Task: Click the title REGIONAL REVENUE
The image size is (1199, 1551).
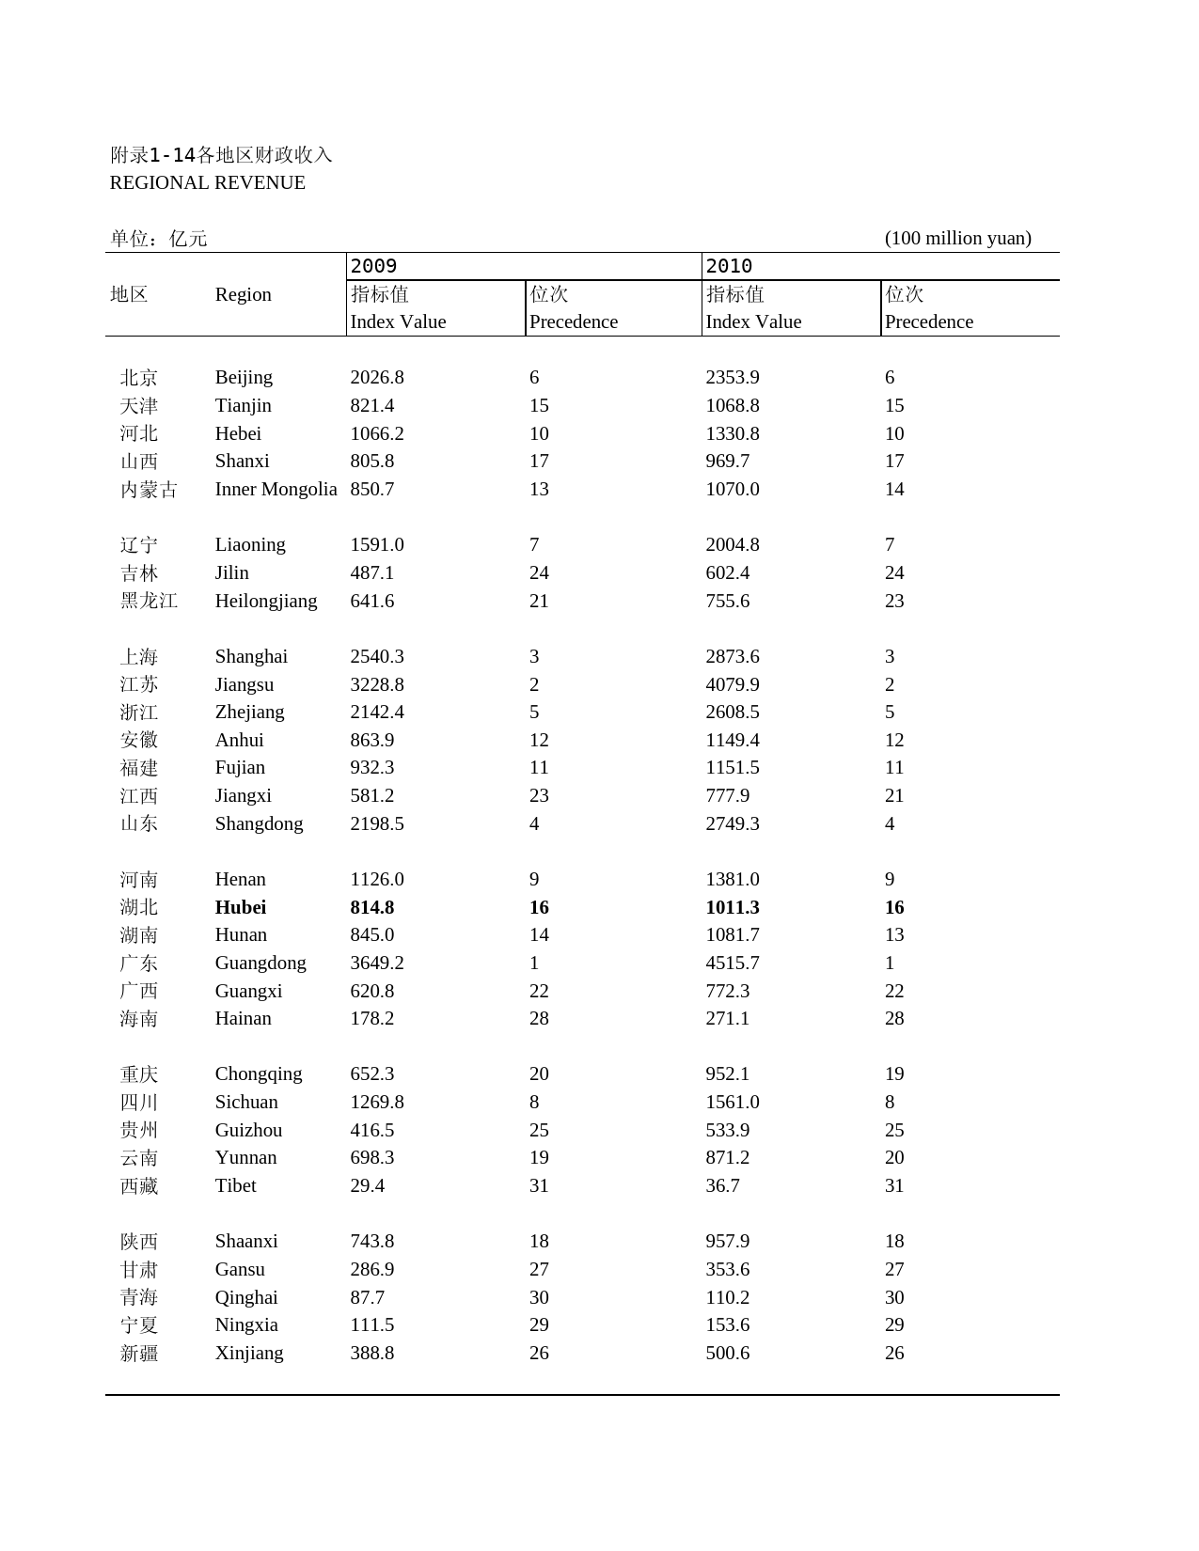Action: click(x=207, y=183)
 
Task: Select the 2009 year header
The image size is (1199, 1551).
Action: click(x=373, y=266)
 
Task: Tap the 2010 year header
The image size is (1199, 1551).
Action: click(x=729, y=266)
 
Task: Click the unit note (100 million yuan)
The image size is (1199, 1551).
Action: click(x=957, y=238)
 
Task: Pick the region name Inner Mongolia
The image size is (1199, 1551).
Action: click(x=276, y=489)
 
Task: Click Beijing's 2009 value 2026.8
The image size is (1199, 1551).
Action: click(x=377, y=377)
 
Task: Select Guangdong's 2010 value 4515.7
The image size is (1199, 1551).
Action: click(x=733, y=963)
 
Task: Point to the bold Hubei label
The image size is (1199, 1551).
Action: click(x=241, y=907)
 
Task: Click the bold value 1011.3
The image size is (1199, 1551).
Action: click(x=733, y=907)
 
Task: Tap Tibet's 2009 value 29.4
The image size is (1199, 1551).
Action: click(x=368, y=1185)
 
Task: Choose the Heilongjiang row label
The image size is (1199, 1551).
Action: click(x=266, y=601)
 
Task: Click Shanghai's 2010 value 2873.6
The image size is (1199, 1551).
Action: click(x=733, y=656)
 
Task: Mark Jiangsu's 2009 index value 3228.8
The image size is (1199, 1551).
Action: click(x=377, y=684)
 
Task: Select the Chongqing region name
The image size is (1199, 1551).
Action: click(x=259, y=1073)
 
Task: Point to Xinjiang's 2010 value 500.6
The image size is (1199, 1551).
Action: click(x=728, y=1353)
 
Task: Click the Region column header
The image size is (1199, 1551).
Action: click(x=243, y=294)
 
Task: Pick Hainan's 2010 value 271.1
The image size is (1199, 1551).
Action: click(x=728, y=1018)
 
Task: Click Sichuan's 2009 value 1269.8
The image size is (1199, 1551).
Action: click(x=377, y=1102)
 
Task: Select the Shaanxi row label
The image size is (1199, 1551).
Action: click(x=246, y=1241)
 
